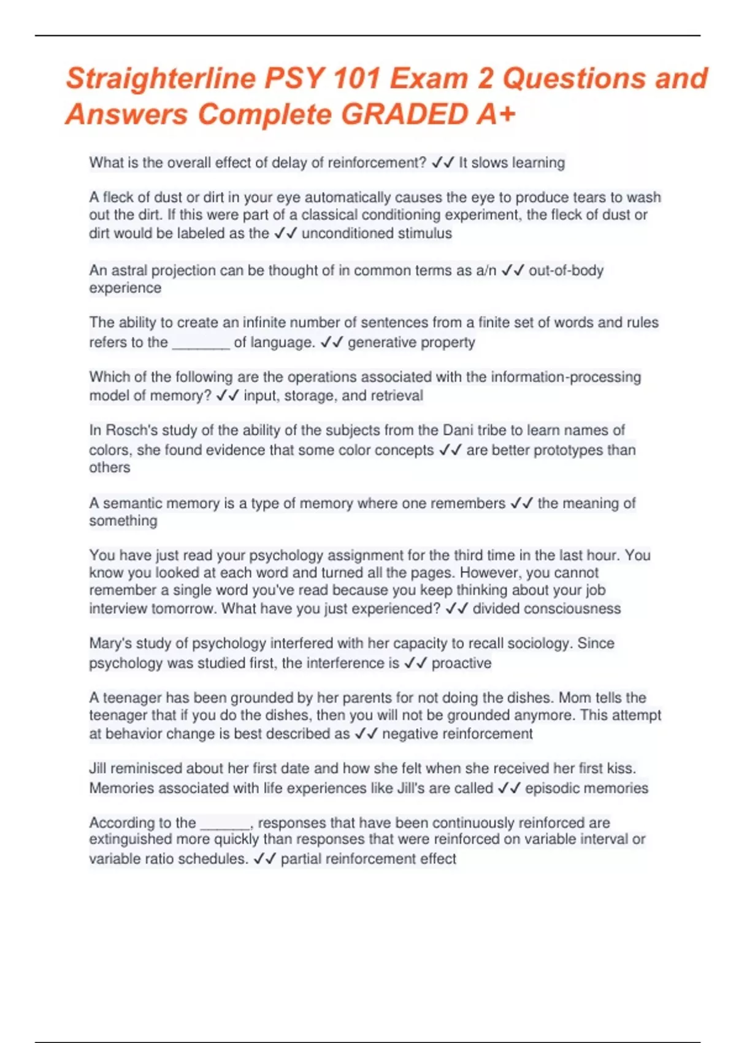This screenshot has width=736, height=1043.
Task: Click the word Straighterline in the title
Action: (161, 79)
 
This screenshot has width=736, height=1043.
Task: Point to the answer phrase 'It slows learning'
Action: (512, 163)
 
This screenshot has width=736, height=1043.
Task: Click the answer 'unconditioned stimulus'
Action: (377, 234)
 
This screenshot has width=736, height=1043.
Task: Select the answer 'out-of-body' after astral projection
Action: (566, 271)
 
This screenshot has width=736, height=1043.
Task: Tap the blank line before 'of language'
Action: (201, 342)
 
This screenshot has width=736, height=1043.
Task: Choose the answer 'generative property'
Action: (411, 342)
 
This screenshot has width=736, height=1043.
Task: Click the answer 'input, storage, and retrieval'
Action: (333, 396)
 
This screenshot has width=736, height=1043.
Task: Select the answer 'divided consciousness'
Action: (546, 609)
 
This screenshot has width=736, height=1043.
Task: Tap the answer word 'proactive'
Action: (461, 663)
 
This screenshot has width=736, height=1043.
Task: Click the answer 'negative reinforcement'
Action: (457, 734)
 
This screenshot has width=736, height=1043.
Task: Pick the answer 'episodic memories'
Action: (586, 788)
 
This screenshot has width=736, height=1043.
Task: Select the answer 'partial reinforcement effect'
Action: (368, 859)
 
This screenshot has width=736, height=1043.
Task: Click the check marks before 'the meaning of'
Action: (521, 504)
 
